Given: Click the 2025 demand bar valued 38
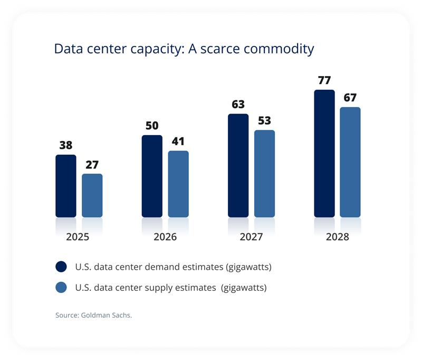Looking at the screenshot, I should point(65,186).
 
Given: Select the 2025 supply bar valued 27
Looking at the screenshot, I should point(92,195).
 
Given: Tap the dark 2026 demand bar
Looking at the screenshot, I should point(152,176).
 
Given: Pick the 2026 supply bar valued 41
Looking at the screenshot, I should point(178,184).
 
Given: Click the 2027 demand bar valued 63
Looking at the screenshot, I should point(238,165).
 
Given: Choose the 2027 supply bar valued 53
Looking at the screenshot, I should point(264,173).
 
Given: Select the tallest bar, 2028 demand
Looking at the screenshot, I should point(324,153).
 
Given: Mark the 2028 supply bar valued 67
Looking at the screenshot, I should point(350,162).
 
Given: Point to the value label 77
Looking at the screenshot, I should point(324,81).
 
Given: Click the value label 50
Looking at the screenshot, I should point(152,126).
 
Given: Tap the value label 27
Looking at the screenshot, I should point(92,165).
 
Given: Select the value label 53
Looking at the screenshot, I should point(264,121).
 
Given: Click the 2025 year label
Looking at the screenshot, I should point(78,237).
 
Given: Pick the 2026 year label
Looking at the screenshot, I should point(165,237).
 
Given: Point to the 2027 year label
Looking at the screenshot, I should point(251,237).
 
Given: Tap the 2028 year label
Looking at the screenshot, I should point(337,237).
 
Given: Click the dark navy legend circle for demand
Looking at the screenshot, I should point(61,267).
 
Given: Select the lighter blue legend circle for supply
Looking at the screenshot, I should point(61,288).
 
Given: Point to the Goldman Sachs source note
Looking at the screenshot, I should point(93,315).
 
